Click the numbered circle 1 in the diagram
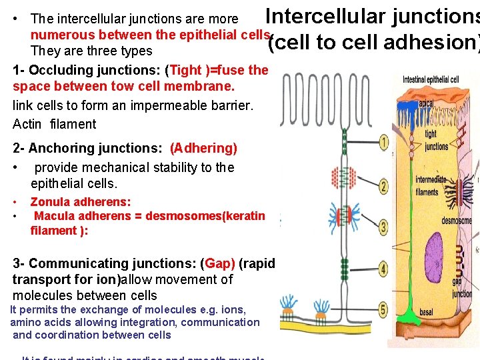tap(384, 141)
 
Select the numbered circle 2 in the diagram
tap(384, 186)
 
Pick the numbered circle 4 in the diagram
tap(384, 269)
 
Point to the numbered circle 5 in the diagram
tap(384, 309)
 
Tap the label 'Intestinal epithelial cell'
tap(431, 80)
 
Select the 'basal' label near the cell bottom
tap(426, 312)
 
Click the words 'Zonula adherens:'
tap(81, 201)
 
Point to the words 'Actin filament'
tap(55, 124)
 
